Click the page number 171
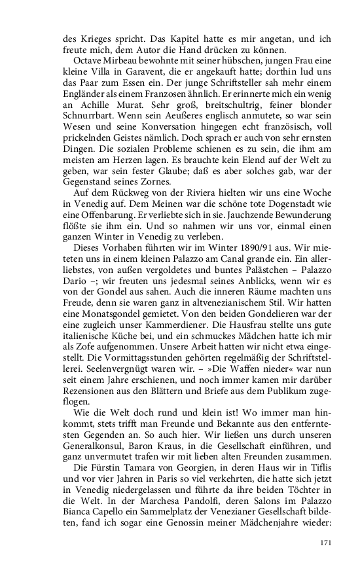tap(327, 543)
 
